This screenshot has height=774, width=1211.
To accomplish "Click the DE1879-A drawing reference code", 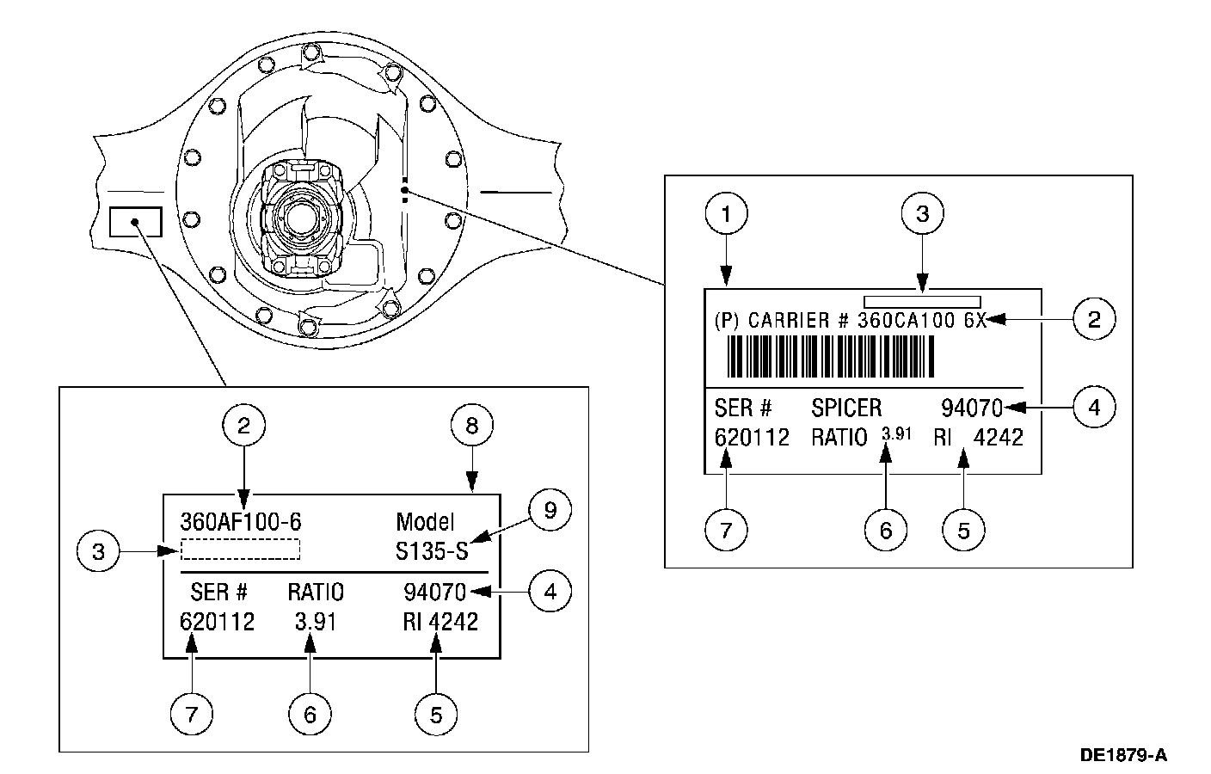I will click(1123, 756).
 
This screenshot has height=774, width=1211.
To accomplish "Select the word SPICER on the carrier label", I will click(846, 407).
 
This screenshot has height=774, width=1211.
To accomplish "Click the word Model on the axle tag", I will click(425, 522).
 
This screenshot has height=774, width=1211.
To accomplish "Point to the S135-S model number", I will click(432, 551).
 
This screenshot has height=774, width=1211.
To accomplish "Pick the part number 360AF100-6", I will click(241, 522).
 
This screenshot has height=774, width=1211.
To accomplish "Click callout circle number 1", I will click(727, 213).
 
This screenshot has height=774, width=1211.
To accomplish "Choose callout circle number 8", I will click(471, 425).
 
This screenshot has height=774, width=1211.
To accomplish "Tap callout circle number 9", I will click(550, 511).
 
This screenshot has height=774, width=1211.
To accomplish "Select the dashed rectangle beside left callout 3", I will click(241, 550).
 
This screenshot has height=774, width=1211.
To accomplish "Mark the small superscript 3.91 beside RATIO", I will click(896, 433).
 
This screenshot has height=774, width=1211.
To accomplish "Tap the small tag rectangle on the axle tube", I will click(136, 221).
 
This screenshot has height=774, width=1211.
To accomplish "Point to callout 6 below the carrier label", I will click(886, 530).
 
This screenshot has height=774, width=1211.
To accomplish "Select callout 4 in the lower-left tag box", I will click(550, 592).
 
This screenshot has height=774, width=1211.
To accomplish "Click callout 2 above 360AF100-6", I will click(244, 425).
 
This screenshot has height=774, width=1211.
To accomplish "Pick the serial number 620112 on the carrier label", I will click(752, 438).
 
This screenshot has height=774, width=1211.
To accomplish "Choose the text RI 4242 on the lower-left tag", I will click(440, 622).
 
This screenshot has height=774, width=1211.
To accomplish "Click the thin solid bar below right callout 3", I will click(922, 301).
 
